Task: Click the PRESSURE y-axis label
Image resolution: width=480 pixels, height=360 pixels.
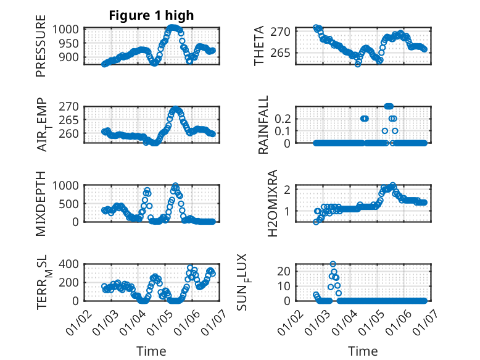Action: pos(41,49)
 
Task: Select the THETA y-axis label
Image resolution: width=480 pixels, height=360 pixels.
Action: pos(259,46)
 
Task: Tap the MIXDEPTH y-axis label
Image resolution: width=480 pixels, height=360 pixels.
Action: pos(41,203)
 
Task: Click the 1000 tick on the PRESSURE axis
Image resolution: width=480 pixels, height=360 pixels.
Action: pos(64,29)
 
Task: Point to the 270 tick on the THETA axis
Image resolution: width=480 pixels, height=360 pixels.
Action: pos(284,31)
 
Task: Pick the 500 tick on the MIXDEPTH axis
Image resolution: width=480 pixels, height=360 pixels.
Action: pos(67,203)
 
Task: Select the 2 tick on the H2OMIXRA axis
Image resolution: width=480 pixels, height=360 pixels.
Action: pos(289,190)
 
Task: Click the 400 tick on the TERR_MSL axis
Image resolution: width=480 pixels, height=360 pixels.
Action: pos(67,264)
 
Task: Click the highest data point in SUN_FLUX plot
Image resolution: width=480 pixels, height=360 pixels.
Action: pos(333,264)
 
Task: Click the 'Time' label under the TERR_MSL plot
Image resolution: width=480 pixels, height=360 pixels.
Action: pos(151,351)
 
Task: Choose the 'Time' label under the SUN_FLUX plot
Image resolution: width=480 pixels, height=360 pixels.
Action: pos(363,351)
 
